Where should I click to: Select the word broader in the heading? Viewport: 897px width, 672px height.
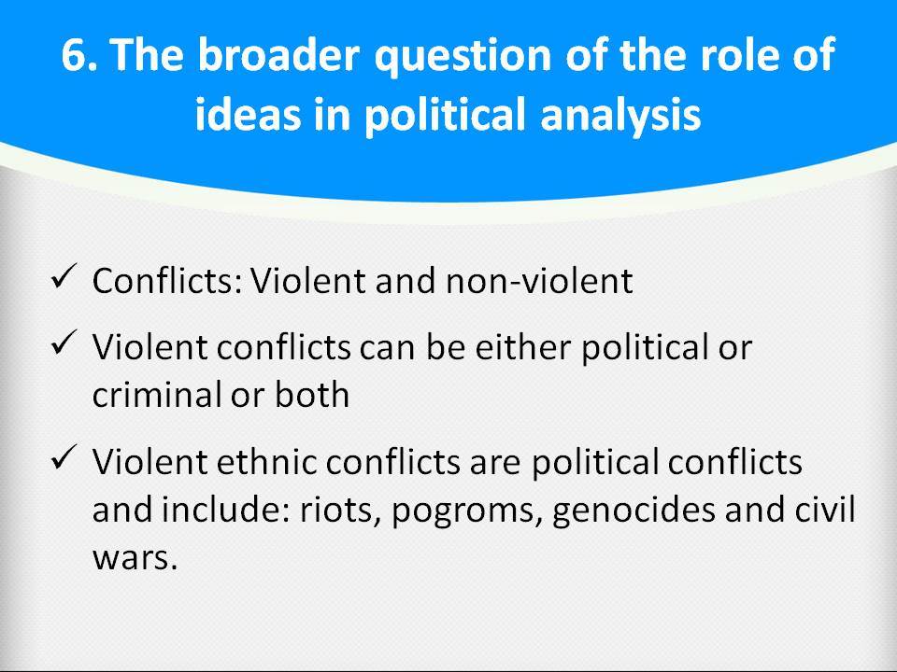click(x=278, y=54)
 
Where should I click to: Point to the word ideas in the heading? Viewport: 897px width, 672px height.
click(x=248, y=113)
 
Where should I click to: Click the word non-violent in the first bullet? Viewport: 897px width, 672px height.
click(x=539, y=281)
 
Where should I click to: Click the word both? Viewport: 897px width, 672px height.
click(x=312, y=394)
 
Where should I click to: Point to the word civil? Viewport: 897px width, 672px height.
click(x=825, y=509)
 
